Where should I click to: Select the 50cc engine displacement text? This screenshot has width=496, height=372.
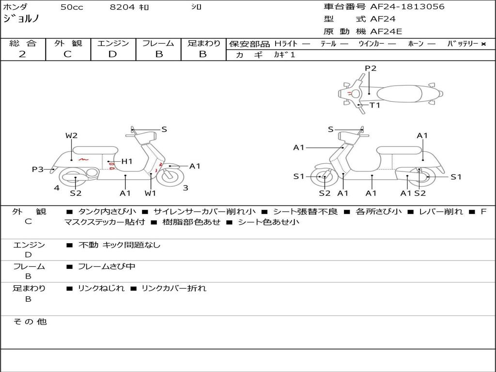point(72,7)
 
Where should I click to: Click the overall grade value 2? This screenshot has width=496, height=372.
point(22,54)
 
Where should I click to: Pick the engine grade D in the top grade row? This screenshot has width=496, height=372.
point(112,54)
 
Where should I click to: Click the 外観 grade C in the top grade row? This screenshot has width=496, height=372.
point(67,54)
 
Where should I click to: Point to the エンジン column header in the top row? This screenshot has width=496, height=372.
point(113,43)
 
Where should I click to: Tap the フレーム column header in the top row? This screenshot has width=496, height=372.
point(158,43)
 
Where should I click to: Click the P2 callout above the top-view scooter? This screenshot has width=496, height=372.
point(371,68)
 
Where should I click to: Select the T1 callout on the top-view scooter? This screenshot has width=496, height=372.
point(375,105)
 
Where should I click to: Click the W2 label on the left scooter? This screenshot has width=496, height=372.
point(72,136)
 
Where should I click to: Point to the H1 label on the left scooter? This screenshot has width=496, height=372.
point(126,161)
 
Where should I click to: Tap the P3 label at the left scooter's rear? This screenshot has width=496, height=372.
point(38,169)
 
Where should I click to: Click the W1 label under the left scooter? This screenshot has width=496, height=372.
point(151,193)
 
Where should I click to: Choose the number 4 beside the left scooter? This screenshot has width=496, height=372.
point(57,188)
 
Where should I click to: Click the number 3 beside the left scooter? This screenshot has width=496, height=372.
point(186,188)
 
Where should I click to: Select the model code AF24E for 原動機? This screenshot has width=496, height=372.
point(386,32)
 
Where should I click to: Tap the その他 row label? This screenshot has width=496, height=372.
point(30,322)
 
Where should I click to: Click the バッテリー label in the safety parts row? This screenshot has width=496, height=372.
point(463,44)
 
